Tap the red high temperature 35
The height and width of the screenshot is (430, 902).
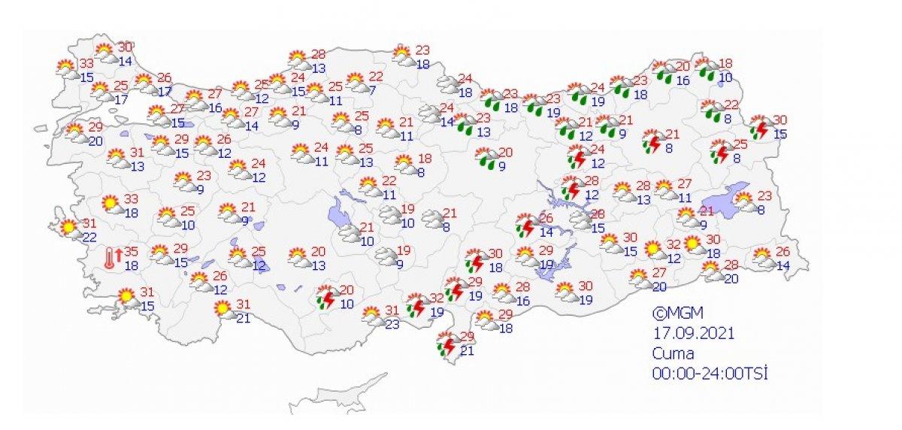131,252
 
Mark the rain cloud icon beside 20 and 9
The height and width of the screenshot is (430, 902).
484,158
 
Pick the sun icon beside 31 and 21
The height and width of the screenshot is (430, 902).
222,307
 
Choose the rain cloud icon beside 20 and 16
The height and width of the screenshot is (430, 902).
664,71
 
